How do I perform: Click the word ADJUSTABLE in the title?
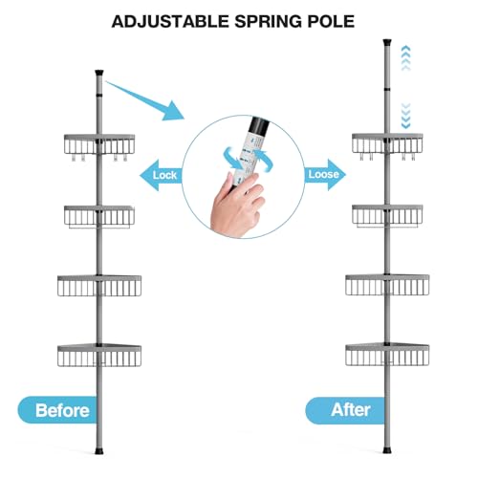click(x=170, y=21)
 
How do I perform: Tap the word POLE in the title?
click(x=331, y=21)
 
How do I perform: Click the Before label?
click(x=62, y=410)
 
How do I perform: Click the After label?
click(x=350, y=410)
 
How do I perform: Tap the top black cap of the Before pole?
click(x=99, y=73)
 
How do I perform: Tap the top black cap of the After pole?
click(x=387, y=42)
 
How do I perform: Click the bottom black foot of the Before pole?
click(x=99, y=451)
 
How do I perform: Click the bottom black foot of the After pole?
click(x=387, y=450)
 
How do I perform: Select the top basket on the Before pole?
click(x=99, y=145)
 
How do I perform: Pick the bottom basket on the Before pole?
click(x=99, y=355)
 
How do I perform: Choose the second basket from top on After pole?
click(x=387, y=215)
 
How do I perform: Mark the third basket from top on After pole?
click(x=387, y=285)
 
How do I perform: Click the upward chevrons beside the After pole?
click(x=405, y=58)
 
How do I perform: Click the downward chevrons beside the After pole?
click(x=405, y=116)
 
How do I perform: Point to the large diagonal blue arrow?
click(x=145, y=100)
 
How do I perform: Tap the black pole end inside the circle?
click(x=262, y=125)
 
